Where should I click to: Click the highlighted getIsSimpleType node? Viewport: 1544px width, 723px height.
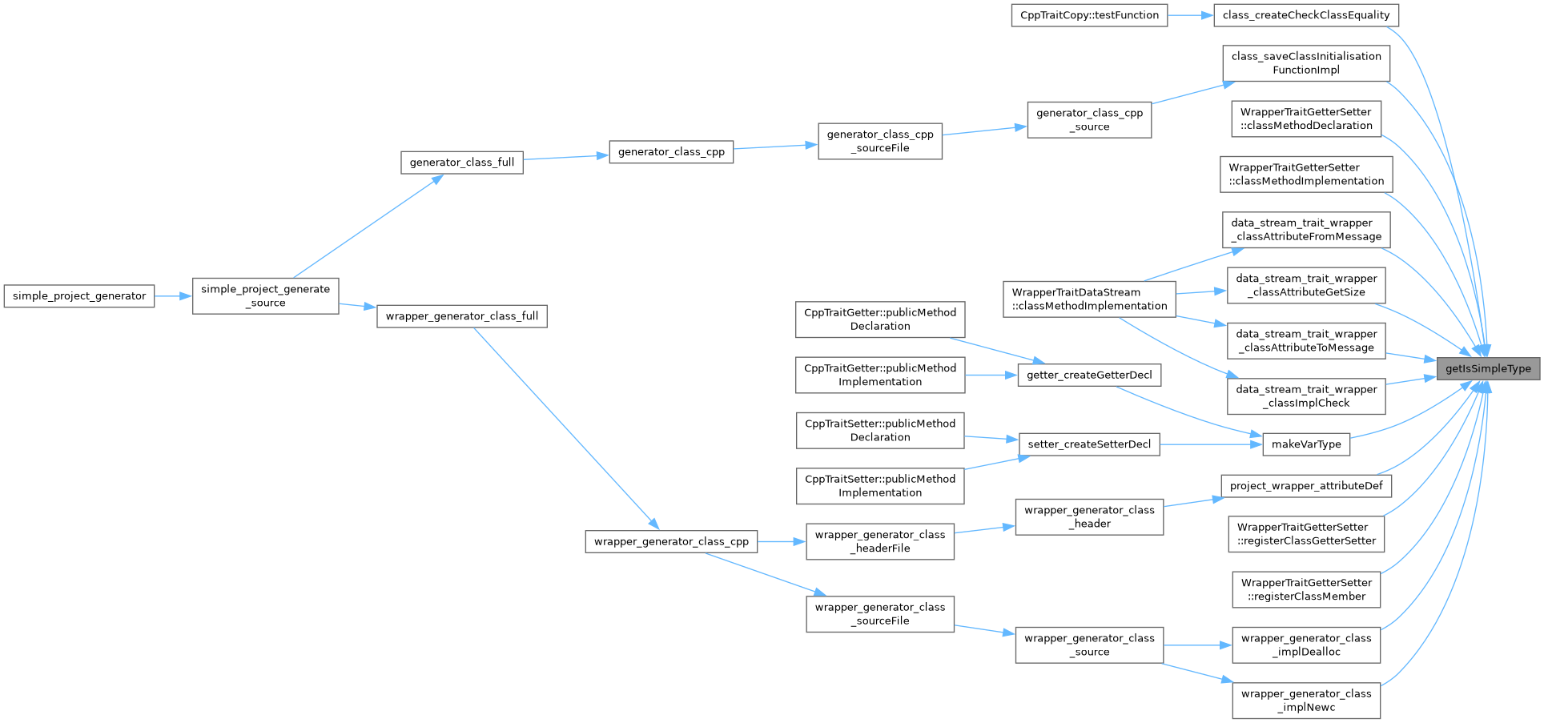[1488, 368]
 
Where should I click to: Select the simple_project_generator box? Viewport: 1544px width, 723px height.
[79, 296]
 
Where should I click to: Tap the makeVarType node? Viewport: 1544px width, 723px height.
[1306, 444]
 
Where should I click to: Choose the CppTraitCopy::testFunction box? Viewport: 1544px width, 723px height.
[1089, 15]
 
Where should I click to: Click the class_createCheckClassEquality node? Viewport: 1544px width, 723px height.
[1306, 15]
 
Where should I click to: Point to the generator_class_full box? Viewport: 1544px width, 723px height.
[462, 163]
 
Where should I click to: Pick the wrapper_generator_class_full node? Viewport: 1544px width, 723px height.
[462, 316]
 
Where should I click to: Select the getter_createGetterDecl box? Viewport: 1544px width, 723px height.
[1089, 375]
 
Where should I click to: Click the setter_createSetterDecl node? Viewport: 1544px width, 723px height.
[1089, 444]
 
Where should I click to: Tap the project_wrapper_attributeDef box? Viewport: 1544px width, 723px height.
[1306, 486]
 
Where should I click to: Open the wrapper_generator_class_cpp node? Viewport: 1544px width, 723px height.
[671, 542]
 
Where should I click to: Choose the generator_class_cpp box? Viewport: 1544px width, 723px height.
[671, 151]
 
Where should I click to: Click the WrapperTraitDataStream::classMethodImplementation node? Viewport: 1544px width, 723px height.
[1089, 299]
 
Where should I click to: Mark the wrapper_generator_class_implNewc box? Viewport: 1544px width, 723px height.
[1306, 701]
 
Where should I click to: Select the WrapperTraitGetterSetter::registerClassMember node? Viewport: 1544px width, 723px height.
[1306, 589]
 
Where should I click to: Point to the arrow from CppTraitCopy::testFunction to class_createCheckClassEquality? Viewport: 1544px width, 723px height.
[1191, 15]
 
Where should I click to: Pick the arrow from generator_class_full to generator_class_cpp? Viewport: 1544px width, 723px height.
[566, 157]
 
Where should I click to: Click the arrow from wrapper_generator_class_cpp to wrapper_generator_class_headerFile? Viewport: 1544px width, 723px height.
[782, 542]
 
